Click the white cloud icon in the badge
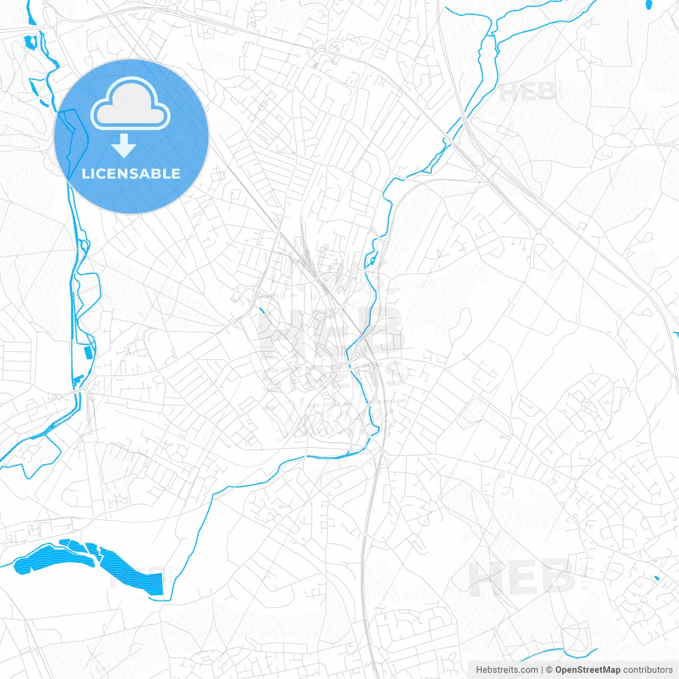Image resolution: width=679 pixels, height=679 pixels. point(130,104)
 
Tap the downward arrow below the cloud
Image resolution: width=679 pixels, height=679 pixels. point(124,146)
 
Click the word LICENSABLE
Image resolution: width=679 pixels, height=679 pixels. point(131,173)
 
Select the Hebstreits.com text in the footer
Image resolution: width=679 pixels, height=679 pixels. point(507,670)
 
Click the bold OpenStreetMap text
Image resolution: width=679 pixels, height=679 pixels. point(587,670)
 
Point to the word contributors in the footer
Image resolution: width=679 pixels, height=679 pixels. point(647,670)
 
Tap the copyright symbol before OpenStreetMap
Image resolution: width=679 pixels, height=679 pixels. point(549,670)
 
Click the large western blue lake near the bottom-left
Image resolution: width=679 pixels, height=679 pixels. point(53,557)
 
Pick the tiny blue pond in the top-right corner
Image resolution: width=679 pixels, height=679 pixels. point(649,5)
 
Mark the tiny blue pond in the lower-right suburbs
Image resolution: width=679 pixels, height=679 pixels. point(657,578)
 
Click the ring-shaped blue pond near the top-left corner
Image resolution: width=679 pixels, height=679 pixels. point(30,41)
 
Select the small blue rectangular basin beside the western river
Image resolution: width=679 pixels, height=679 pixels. point(88,352)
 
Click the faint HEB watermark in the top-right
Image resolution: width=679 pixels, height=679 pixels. point(528,92)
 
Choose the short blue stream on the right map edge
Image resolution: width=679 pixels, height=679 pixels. point(676,334)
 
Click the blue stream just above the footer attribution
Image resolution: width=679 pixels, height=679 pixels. point(568,652)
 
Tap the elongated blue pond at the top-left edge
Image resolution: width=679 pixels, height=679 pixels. point(30,15)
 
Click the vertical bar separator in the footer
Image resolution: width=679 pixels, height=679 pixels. point(542,670)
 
